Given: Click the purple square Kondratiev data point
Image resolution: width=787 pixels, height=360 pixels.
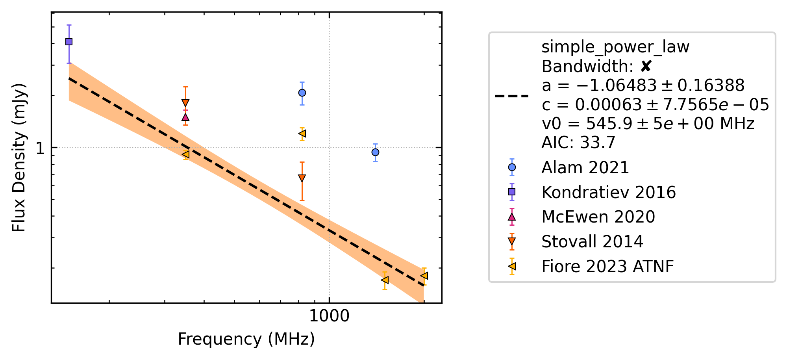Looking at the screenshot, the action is point(69,42).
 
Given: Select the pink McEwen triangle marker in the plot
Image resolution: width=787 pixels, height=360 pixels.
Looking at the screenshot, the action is point(185,117).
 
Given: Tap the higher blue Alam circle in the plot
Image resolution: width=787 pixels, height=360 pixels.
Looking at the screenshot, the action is point(302,93).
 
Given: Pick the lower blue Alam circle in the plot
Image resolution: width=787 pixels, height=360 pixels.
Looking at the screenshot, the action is point(375,152).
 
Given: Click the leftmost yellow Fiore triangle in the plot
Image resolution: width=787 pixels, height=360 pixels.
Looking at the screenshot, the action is point(186,154).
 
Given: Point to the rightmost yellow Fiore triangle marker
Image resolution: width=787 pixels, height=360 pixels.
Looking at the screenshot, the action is point(424,276).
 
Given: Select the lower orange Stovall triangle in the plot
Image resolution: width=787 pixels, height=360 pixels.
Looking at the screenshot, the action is point(302,178).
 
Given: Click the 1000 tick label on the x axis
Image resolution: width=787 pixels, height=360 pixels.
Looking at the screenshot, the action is point(329,316).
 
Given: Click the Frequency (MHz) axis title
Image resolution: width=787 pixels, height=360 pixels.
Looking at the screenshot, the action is point(246,339).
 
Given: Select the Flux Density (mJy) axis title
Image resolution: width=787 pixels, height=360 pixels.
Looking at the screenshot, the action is point(19,158).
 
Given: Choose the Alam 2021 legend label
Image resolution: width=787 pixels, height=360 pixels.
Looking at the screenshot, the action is point(585,168).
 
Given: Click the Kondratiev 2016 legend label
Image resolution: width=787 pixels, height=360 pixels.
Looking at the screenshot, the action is point(609,193).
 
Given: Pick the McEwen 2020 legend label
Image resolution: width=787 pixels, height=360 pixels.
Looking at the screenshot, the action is point(598,217).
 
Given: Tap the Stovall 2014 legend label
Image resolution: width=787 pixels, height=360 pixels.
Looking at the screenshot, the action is point(593,242).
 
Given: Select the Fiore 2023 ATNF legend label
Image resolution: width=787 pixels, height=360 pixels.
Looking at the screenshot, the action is point(608,267).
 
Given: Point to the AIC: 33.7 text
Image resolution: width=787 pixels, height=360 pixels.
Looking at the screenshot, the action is point(578,143).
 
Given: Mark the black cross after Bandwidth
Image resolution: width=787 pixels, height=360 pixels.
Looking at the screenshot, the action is point(646,67).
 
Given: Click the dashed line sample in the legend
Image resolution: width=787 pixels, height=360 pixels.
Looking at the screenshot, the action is point(512,96).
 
